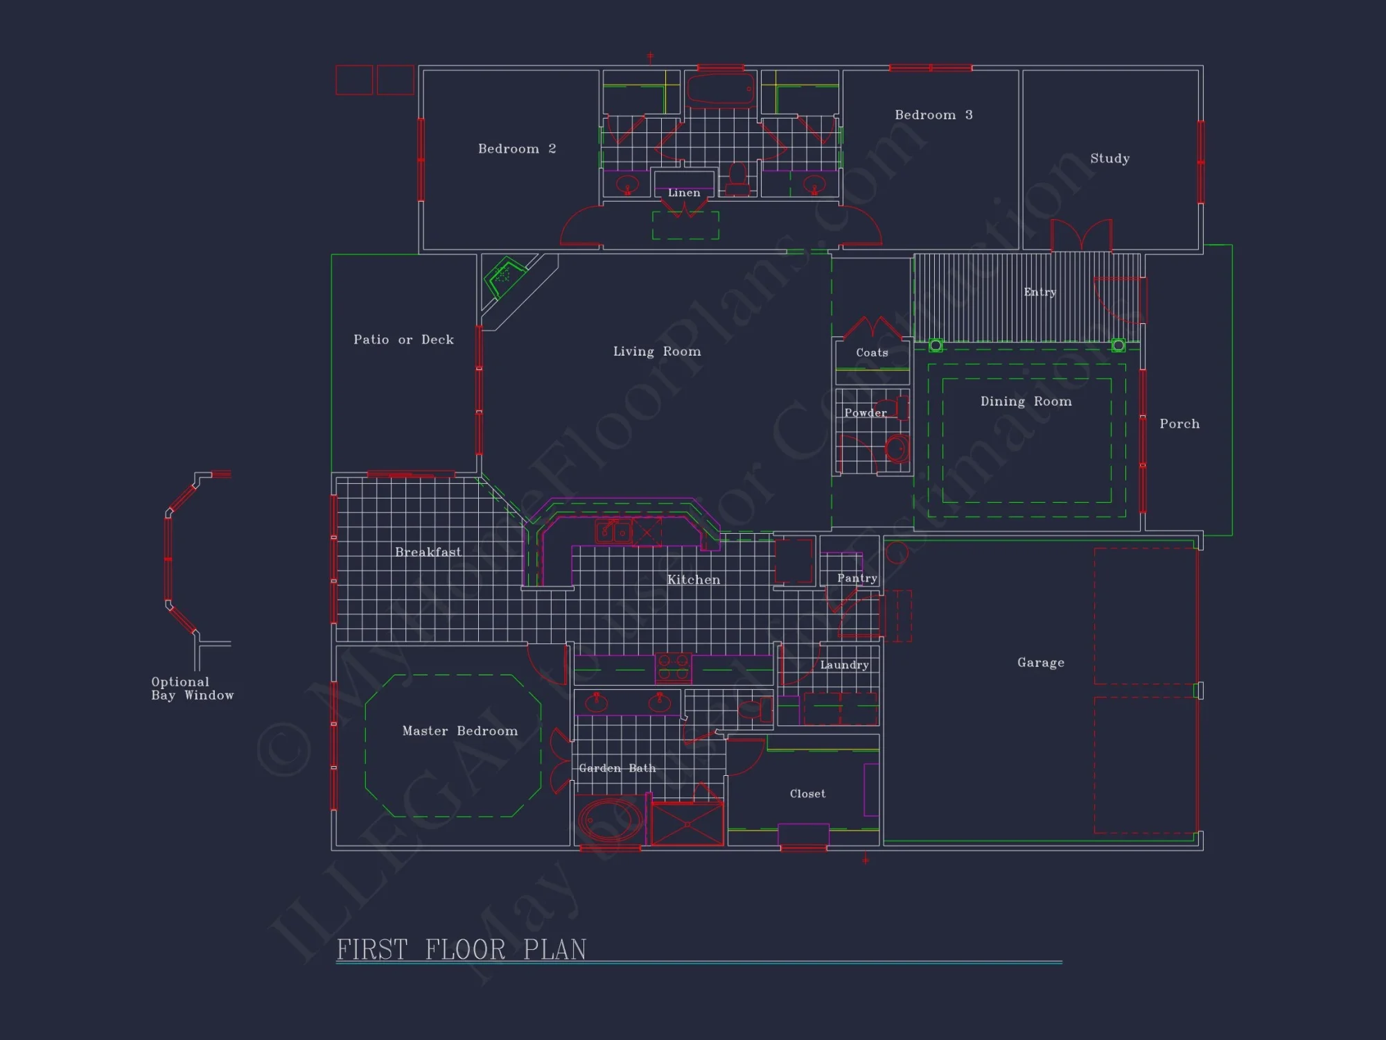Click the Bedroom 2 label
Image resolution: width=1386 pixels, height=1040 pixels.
click(517, 149)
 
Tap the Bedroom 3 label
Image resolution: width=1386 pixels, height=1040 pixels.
click(933, 115)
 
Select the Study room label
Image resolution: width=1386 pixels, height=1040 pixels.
click(1109, 159)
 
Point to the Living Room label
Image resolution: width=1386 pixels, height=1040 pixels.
click(657, 352)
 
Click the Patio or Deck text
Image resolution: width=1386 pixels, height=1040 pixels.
click(403, 340)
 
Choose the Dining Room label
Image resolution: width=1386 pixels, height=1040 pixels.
click(1026, 401)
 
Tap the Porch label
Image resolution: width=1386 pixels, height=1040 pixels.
click(1179, 424)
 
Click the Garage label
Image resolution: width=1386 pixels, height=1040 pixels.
click(1041, 663)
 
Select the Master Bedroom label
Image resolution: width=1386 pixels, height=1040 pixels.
click(460, 731)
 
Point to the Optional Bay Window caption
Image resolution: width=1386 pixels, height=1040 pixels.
click(192, 688)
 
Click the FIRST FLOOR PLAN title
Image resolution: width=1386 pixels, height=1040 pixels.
click(462, 950)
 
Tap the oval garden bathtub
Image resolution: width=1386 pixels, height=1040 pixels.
click(610, 822)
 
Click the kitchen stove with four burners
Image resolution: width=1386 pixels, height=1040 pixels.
click(673, 668)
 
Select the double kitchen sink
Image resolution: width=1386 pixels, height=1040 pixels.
click(614, 532)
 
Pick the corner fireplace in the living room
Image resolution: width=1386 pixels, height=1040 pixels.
click(505, 277)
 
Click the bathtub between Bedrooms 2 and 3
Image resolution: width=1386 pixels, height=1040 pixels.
click(720, 90)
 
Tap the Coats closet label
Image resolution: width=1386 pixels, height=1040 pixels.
click(872, 353)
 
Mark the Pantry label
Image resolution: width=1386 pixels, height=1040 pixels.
click(857, 578)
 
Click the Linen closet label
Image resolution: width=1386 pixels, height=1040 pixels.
click(684, 193)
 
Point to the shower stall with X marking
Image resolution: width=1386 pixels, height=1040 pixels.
click(687, 824)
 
